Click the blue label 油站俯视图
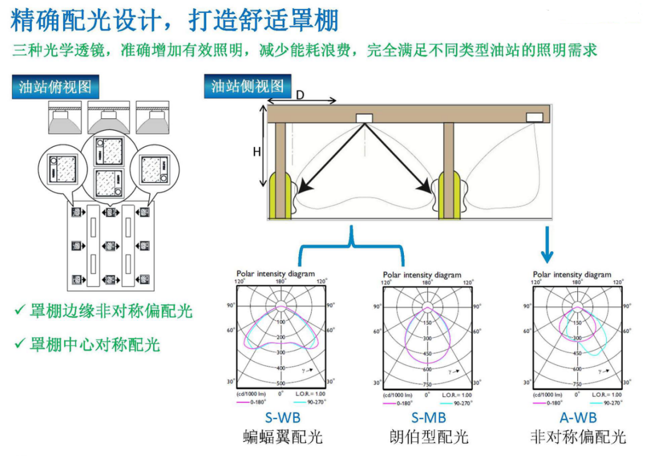coord(55,87)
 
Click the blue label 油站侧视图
coord(247,86)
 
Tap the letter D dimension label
coord(299,95)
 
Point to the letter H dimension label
coord(257,151)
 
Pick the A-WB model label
coord(578,418)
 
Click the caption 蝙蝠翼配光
coord(283,437)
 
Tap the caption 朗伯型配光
coord(428,437)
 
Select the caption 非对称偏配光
coord(578,437)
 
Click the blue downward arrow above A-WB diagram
coord(547,244)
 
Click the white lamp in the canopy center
coord(364,118)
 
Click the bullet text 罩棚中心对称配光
coord(95,344)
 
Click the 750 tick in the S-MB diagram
coord(427,384)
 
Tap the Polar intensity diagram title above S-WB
coord(275,273)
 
